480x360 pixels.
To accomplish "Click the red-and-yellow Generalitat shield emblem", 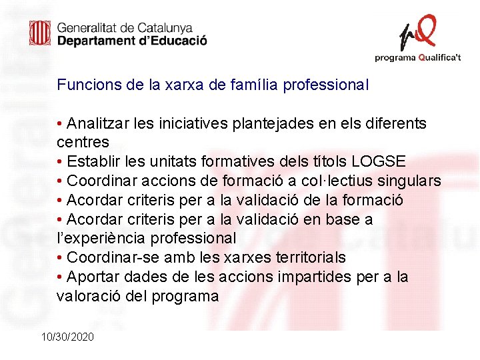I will [x=39, y=33].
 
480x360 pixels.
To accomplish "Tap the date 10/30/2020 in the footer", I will [x=67, y=337].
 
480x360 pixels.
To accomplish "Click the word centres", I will [x=83, y=143].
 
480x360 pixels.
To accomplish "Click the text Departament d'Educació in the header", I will [x=132, y=41].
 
